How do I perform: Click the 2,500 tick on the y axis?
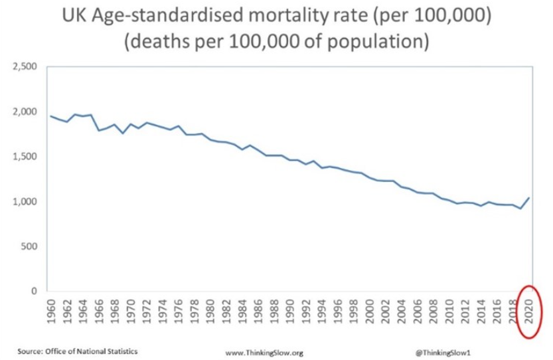25,66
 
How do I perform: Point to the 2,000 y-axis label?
25,112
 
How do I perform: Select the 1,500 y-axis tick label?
25,157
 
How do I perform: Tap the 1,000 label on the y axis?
25,202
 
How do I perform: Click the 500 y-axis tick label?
29,246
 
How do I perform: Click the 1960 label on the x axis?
50,313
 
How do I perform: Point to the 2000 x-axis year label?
370,313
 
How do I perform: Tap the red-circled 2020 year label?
530,313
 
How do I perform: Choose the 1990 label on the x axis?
290,313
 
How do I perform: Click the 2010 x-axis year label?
449,313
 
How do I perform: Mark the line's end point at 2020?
530,197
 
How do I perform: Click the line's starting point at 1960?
50,116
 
